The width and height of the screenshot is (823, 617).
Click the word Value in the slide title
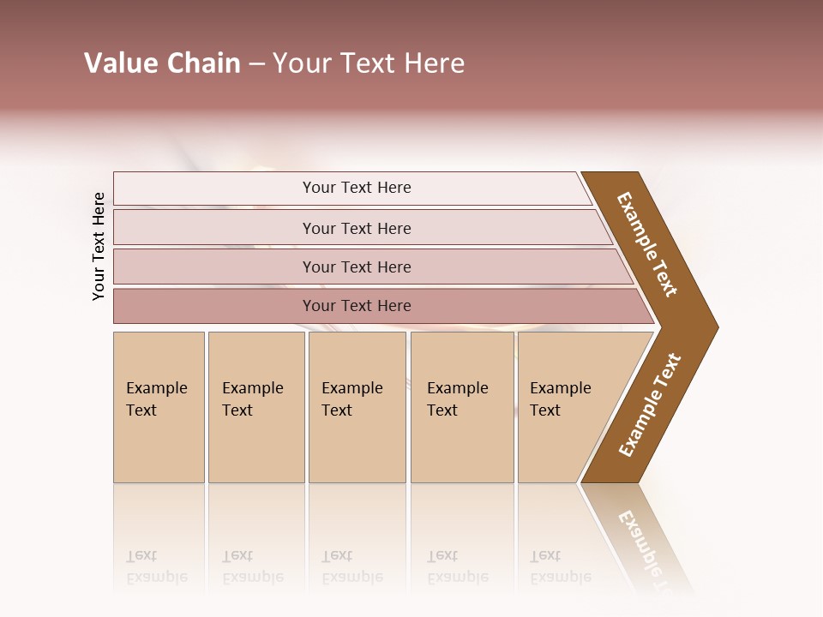[119, 63]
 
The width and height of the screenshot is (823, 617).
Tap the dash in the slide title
[256, 64]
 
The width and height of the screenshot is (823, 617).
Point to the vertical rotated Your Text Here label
[99, 247]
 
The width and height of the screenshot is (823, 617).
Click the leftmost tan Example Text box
[159, 407]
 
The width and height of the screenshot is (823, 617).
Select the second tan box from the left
[255, 407]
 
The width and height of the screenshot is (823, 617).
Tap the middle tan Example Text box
[357, 407]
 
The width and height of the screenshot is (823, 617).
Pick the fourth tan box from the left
[461, 407]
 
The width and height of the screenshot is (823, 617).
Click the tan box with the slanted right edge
[566, 407]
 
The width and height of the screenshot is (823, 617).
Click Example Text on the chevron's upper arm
[647, 244]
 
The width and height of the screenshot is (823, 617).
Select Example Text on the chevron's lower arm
[649, 404]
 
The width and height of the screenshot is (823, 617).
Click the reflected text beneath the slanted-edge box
[560, 566]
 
